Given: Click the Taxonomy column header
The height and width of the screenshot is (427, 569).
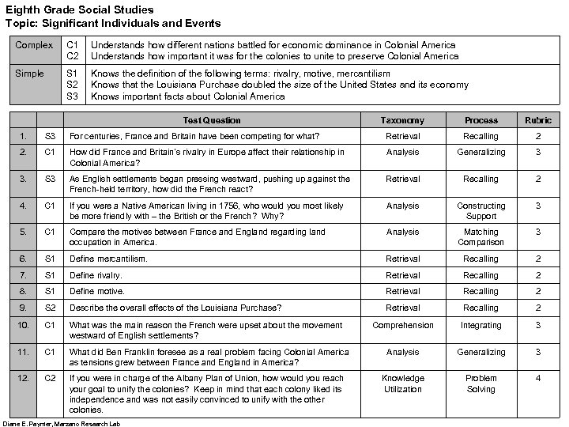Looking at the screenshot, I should pos(403,120).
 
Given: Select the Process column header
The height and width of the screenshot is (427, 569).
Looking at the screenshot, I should pos(481,120).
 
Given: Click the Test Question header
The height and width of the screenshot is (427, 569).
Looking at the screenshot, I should pos(211,120).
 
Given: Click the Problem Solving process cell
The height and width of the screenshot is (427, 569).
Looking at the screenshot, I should pos(481,384).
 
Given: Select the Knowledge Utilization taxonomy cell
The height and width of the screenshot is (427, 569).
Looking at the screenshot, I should pos(403,384).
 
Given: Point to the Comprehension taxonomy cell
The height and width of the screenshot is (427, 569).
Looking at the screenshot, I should pos(403,325).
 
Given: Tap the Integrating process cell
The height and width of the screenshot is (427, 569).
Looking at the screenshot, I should pos(481,325).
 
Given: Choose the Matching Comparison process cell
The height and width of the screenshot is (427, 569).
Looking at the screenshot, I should pos(481,237).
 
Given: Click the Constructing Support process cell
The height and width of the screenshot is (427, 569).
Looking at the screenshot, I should pos(481,211).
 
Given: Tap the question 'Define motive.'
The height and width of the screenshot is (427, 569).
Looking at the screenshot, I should pos(96,291).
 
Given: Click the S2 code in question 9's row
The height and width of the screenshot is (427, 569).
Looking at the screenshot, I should pos(50,308).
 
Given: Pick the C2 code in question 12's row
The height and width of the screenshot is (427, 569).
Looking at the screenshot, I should pos(50,378).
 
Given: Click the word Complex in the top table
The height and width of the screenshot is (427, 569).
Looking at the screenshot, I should pos(33,46).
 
